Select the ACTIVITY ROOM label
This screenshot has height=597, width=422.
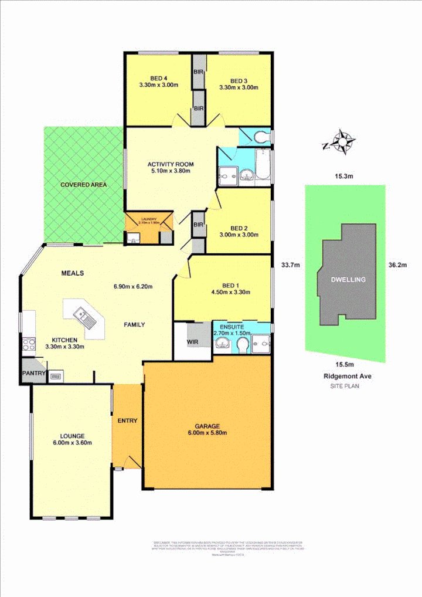pyautogui.click(x=171, y=164)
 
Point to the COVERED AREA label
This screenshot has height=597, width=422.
pyautogui.click(x=84, y=185)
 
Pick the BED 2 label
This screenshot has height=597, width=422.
pyautogui.click(x=240, y=228)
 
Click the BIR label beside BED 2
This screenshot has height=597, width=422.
pyautogui.click(x=198, y=225)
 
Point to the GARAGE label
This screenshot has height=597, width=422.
pyautogui.click(x=207, y=426)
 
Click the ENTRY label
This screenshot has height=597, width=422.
pyautogui.click(x=127, y=420)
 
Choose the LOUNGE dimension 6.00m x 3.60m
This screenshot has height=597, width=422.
pyautogui.click(x=72, y=443)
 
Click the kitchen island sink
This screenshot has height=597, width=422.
pyautogui.click(x=83, y=317)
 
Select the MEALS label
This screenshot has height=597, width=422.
pyautogui.click(x=73, y=273)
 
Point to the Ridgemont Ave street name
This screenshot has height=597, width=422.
pyautogui.click(x=344, y=376)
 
